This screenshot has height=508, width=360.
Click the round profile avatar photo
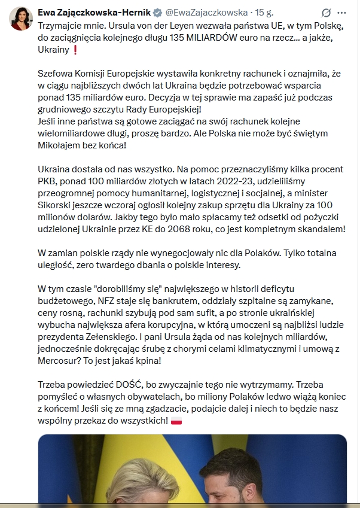[x=20, y=19]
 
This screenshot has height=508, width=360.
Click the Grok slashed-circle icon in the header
[x=327, y=12]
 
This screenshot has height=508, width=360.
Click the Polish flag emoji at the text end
[x=176, y=422]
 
